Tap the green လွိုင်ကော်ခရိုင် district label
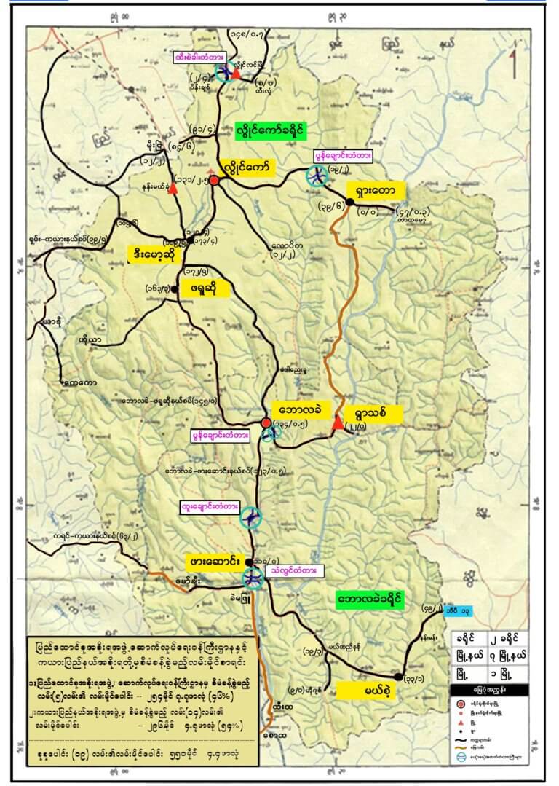(x=271, y=131)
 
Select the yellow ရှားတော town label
(x=375, y=191)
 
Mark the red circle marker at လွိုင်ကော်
(x=214, y=180)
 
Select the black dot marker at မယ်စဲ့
(x=397, y=677)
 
